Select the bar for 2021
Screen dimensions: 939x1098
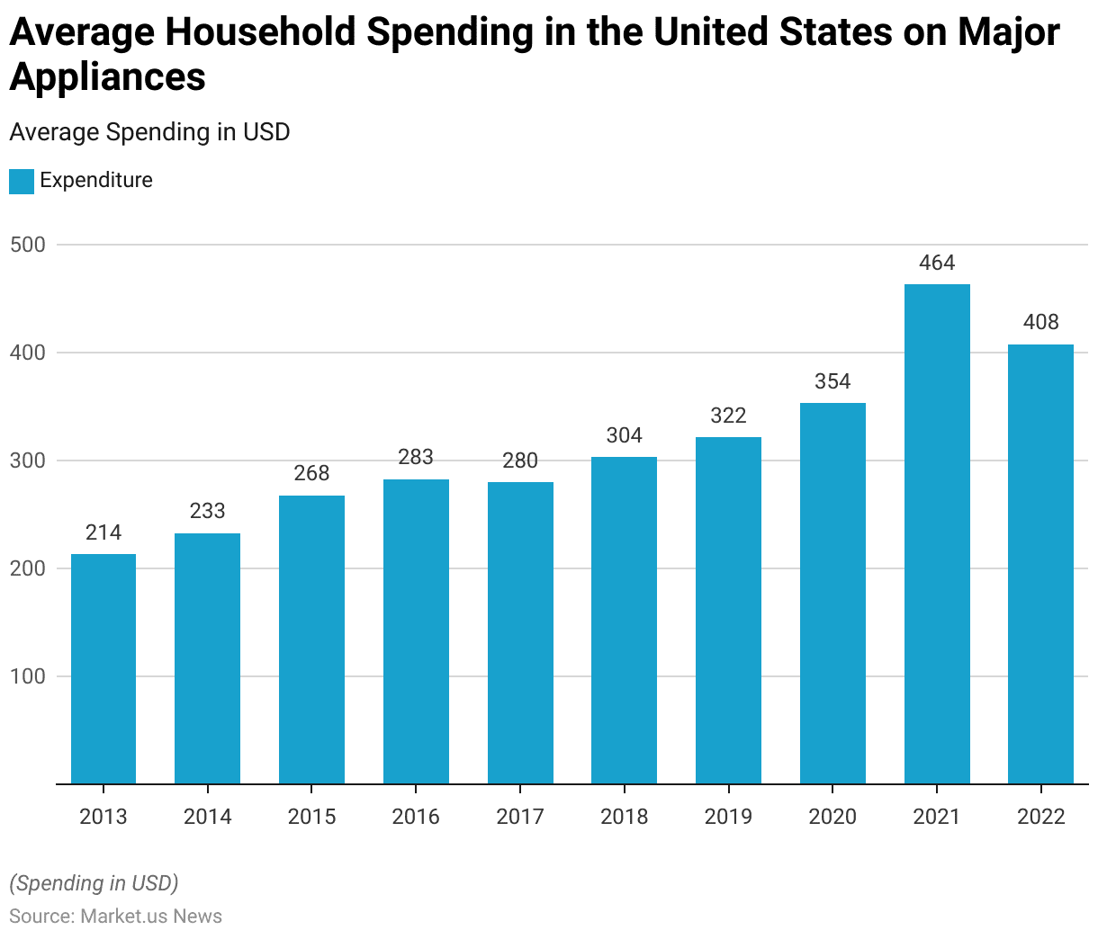point(937,534)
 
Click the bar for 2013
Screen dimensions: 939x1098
point(103,669)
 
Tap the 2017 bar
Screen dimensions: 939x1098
point(520,633)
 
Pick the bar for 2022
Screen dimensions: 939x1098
point(1040,565)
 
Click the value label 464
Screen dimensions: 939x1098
point(937,263)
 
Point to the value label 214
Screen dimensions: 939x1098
point(103,532)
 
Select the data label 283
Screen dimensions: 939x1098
point(416,457)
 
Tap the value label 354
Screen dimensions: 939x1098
point(832,381)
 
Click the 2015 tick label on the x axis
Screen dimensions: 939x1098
point(311,817)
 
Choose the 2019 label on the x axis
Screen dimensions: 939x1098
point(728,817)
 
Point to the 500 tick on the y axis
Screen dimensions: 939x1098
point(27,245)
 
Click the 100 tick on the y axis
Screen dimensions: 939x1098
point(27,676)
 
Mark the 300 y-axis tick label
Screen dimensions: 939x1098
point(27,461)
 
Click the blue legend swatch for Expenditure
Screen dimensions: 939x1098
point(22,181)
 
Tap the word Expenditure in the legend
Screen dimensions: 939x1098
point(96,180)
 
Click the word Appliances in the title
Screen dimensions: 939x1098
point(108,77)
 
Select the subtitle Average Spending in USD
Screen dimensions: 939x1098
point(149,132)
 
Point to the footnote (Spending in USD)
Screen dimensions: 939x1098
point(94,883)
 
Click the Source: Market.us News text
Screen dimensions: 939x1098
point(115,917)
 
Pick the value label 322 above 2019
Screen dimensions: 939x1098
point(728,416)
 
